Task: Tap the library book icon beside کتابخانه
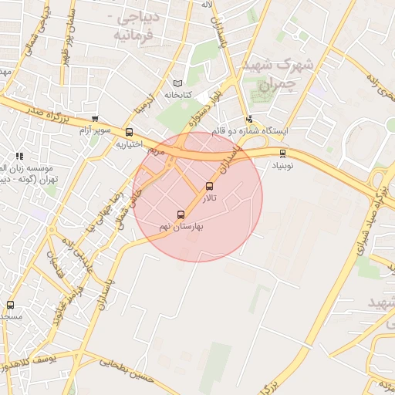point(177,83)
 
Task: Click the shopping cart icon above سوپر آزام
point(94,119)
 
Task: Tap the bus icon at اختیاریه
point(129,132)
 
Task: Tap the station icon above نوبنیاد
point(282,153)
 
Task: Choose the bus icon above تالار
point(210,186)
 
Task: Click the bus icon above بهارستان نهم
point(181,214)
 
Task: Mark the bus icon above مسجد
point(10,306)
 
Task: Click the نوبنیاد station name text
point(282,165)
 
